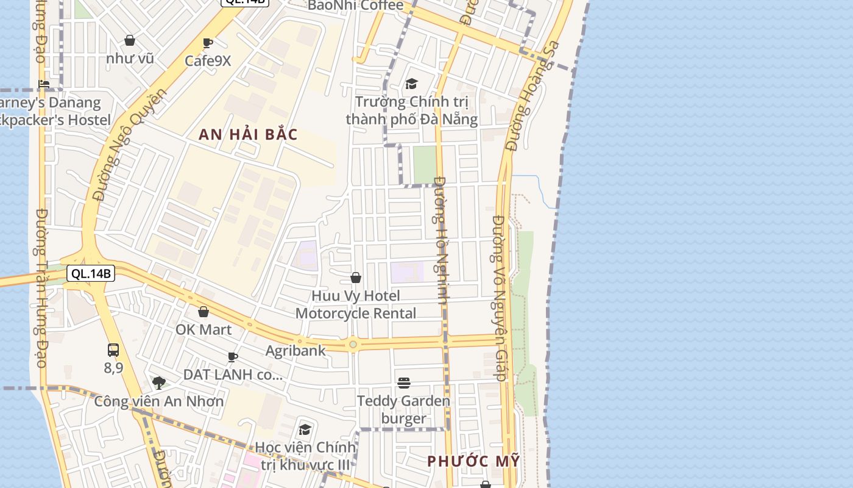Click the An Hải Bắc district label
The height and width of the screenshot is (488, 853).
(248, 135)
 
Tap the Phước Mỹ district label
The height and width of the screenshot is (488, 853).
(473, 461)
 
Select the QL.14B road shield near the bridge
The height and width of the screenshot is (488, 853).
(91, 273)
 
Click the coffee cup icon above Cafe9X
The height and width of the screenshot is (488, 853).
(207, 43)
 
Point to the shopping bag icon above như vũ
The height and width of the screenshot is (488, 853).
(130, 41)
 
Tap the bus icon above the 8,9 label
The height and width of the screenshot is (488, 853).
(113, 350)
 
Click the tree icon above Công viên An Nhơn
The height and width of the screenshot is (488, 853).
(159, 383)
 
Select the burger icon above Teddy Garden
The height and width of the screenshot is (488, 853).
(403, 383)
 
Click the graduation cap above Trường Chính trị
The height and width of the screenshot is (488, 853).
(411, 84)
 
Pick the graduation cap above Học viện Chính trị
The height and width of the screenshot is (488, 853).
(305, 429)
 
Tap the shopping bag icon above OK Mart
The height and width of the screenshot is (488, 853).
(204, 312)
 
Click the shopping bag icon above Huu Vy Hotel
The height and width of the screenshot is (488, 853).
(356, 278)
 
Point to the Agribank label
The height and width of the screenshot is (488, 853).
(296, 351)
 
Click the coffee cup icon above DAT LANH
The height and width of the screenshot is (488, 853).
(232, 357)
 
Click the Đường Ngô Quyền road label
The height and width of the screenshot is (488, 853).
(131, 145)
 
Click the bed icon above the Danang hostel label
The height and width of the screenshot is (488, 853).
(44, 84)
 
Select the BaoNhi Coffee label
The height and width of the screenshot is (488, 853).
(355, 6)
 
